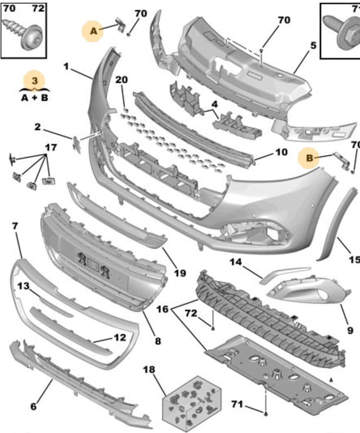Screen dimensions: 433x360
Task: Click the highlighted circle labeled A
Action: pos(94,32)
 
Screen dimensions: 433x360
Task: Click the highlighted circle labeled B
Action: pos(310,158)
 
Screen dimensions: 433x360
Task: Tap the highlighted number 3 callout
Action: pos(35,81)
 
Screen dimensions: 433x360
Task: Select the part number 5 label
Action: pos(313,45)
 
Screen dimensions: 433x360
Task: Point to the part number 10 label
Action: pos(281,152)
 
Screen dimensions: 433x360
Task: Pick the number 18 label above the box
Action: pos(149,370)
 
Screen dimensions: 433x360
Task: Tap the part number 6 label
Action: pos(34,406)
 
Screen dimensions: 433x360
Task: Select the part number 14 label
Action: pos(234,262)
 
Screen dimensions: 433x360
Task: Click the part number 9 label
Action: pos(350,330)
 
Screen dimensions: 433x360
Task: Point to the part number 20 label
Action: pos(121,80)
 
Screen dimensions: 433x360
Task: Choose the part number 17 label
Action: pos(50,147)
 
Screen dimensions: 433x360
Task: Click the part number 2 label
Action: pos(38,127)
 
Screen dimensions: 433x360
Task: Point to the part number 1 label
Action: pos(67,67)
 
